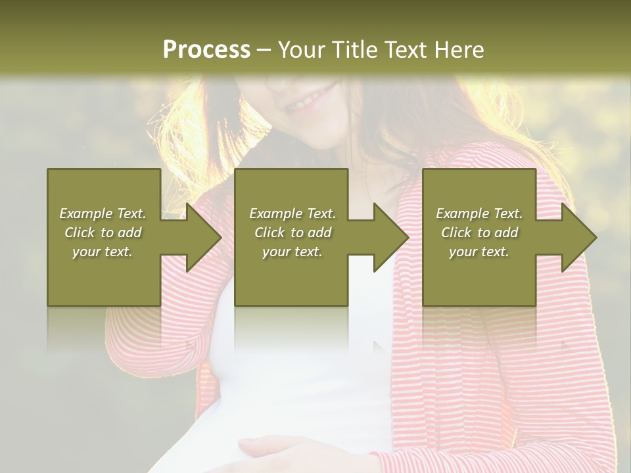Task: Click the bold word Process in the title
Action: coord(206,50)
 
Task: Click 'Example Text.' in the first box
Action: coord(103,214)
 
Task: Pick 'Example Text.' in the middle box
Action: coord(292,214)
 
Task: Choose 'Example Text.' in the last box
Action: coord(479,214)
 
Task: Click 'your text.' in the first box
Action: coord(103,252)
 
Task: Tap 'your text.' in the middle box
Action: coord(292,252)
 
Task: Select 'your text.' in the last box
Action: coord(479,252)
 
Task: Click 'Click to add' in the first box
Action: coord(103,233)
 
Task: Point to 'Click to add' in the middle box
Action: coord(292,233)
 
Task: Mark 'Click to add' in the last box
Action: coord(479,233)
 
